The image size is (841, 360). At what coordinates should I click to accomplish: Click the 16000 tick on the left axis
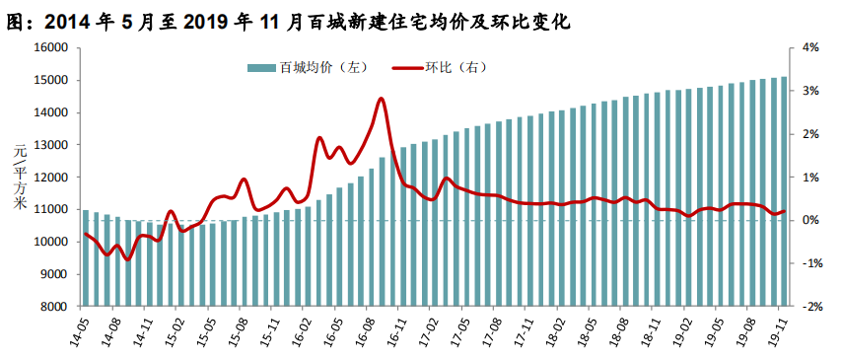tap(55, 48)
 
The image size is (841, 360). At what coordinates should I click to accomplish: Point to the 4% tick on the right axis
tap(811, 48)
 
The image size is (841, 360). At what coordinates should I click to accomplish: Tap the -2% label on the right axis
tap(809, 307)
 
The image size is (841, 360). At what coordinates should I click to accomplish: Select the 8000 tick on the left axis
tap(58, 307)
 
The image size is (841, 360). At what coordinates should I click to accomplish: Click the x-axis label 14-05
tap(81, 327)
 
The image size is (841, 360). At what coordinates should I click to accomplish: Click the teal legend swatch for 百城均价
tap(261, 68)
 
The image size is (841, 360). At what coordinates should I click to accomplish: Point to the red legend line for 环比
tap(407, 68)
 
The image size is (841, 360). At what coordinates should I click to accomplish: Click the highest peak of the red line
tap(381, 99)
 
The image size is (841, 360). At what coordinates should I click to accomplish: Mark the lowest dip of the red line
tap(127, 259)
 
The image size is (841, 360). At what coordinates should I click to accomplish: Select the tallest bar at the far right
tap(784, 191)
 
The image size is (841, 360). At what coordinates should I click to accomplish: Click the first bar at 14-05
tap(85, 258)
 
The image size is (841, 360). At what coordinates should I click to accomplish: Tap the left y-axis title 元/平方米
tap(20, 178)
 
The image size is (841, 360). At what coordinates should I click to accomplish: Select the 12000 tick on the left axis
tap(55, 178)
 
